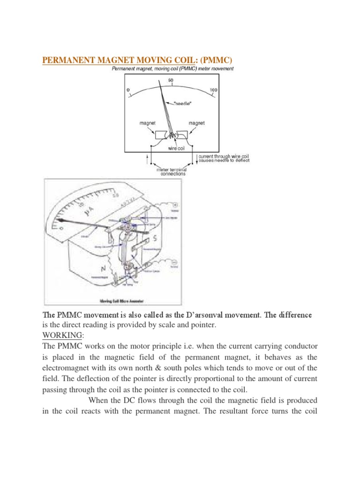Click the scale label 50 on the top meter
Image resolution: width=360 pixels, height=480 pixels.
coord(171,80)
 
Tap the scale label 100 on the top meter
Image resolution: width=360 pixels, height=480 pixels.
coord(214,90)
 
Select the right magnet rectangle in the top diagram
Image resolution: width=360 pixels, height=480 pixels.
coord(182,135)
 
